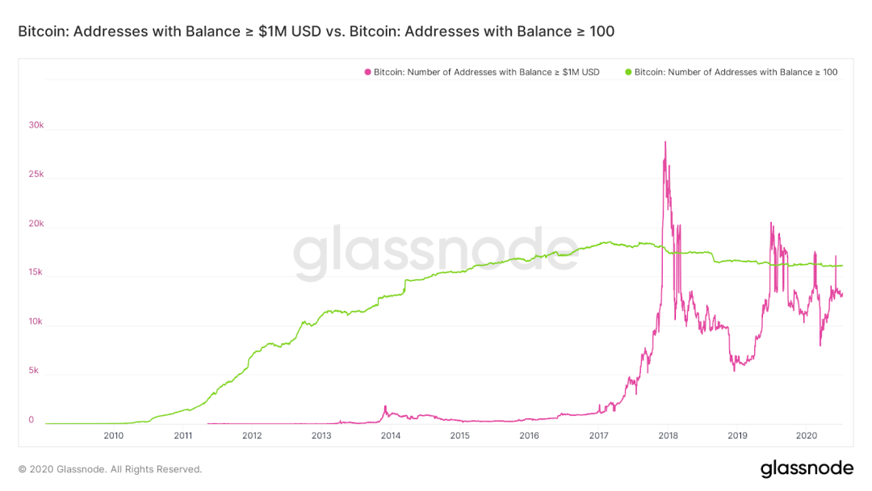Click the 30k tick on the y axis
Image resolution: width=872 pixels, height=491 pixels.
(36, 125)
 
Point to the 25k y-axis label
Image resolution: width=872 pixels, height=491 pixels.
(36, 174)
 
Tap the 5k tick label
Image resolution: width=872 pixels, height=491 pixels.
(34, 371)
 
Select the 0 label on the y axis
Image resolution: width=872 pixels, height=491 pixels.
(31, 420)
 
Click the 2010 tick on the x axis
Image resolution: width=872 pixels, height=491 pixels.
(114, 436)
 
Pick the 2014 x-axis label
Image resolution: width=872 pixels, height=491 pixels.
(391, 436)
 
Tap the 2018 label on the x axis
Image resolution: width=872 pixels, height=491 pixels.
(668, 436)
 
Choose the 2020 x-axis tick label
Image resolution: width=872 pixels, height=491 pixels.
(807, 436)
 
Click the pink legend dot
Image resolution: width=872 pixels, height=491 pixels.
(367, 72)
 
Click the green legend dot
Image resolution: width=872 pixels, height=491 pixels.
(628, 72)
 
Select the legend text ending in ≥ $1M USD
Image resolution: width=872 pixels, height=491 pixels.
(486, 72)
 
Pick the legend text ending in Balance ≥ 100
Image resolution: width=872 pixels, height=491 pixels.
(736, 72)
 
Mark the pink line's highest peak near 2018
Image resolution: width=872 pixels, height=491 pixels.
(664, 142)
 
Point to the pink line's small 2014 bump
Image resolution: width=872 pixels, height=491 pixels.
(385, 406)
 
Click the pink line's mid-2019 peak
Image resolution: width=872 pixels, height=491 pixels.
(771, 224)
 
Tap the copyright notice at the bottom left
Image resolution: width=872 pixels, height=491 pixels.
(110, 469)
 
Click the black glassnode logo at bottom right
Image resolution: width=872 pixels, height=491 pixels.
(807, 468)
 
